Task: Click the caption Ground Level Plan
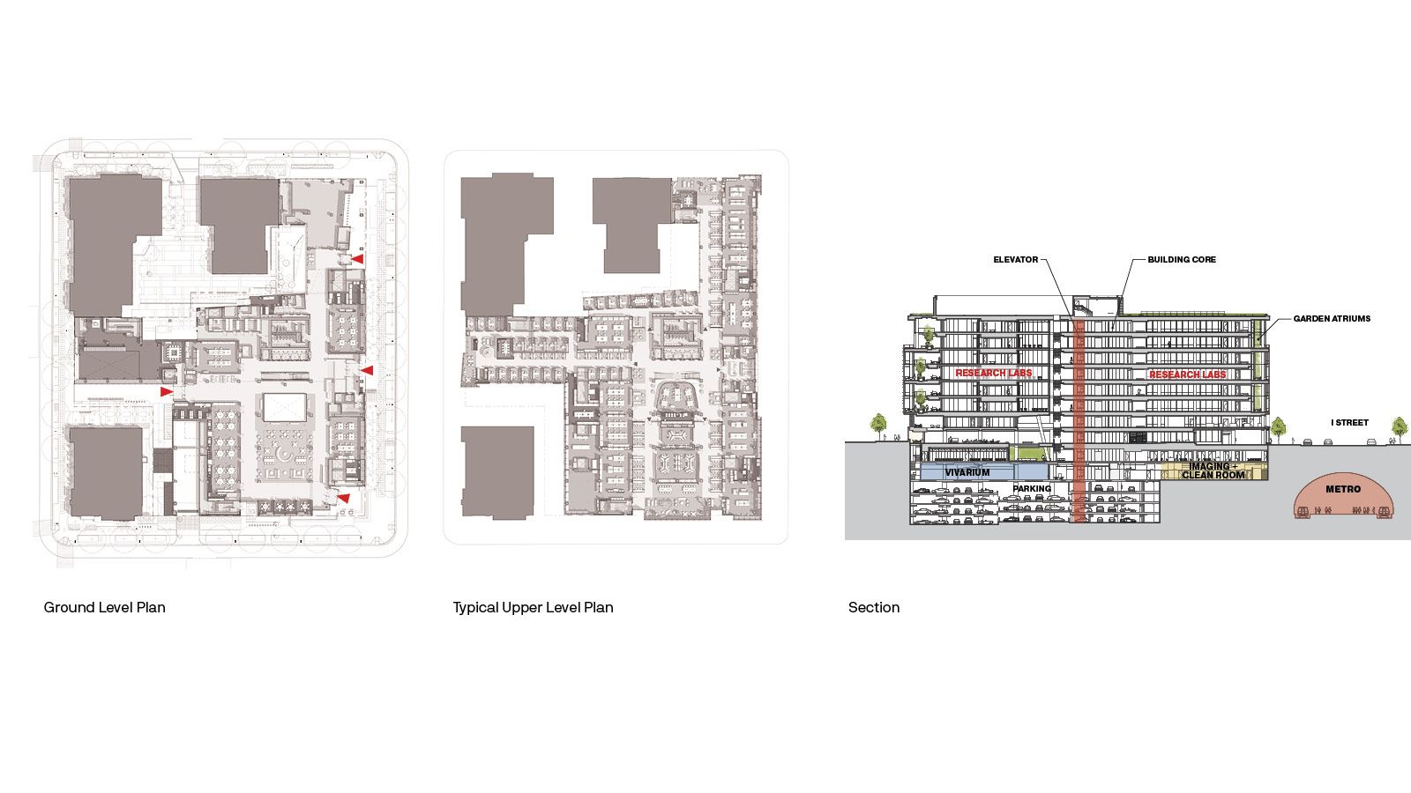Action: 105,607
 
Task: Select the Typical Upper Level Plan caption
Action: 533,607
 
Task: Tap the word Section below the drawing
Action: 874,607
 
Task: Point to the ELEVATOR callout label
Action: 1015,259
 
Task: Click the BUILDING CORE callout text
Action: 1182,259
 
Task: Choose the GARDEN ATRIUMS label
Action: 1332,318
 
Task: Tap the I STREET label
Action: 1349,422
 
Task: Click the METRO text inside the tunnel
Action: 1343,489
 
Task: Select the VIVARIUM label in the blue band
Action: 967,472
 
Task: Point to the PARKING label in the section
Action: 1032,488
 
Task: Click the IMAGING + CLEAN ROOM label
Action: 1213,471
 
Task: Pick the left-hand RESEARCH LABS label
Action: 993,373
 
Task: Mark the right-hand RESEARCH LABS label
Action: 1187,374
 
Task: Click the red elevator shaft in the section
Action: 1079,420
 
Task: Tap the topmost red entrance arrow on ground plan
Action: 358,259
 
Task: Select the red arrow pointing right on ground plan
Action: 167,391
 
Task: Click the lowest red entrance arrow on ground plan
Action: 343,499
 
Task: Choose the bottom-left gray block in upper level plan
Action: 497,472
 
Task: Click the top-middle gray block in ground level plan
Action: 239,226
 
